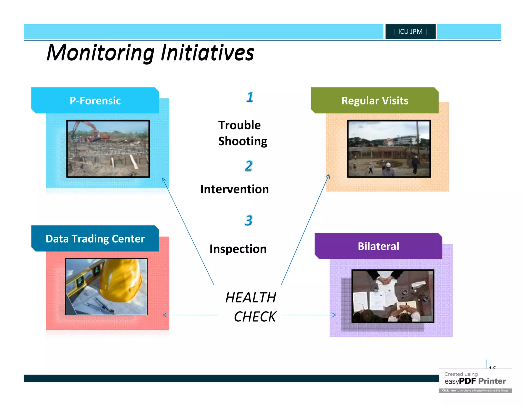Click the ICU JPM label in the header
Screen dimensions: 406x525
tap(410, 31)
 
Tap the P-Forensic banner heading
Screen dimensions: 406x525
tap(95, 101)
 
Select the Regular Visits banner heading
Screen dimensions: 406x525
tap(375, 101)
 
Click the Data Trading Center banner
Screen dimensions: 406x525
tap(95, 239)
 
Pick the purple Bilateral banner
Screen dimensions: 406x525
tap(378, 246)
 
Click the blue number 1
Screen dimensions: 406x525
tap(250, 97)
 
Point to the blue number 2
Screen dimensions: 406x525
tap(248, 166)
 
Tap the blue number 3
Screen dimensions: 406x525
tap(248, 220)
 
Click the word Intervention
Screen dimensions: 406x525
tap(234, 189)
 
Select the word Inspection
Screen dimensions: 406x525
tap(238, 249)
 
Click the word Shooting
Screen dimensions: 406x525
tap(243, 141)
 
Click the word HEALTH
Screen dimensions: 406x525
tap(250, 298)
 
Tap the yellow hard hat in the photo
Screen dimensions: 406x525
tap(120, 280)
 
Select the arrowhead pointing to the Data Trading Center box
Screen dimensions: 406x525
tap(165, 315)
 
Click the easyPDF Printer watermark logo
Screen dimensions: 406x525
tap(475, 381)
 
